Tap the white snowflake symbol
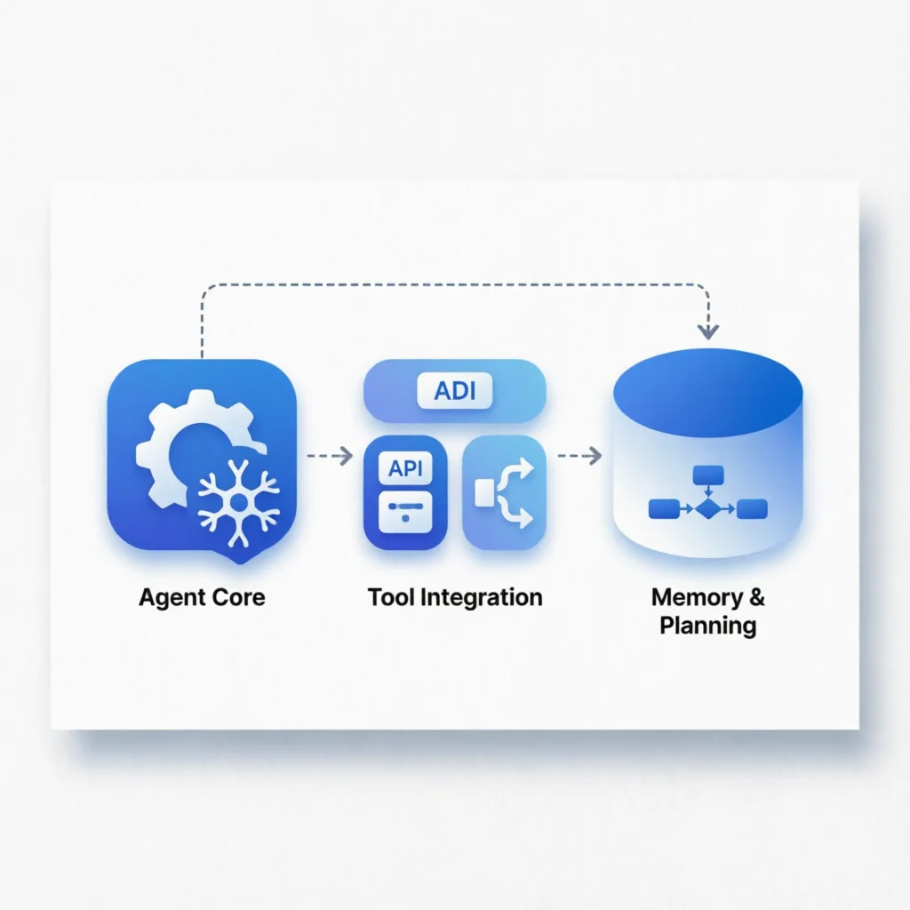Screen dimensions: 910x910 238,502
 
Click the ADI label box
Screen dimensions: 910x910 454,390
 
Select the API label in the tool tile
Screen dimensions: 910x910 405,468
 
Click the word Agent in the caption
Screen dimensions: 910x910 168,596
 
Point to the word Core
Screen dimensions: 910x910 235,596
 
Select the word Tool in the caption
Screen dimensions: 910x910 390,596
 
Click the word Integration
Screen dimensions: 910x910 480,596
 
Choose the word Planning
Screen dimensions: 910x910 708,625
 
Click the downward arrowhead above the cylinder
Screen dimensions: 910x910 707,331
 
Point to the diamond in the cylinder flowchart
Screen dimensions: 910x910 707,509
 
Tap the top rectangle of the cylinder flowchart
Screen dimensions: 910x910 707,474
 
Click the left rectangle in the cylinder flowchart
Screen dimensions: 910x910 664,509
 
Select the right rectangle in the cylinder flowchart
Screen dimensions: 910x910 752,509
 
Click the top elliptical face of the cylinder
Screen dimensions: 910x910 707,392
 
